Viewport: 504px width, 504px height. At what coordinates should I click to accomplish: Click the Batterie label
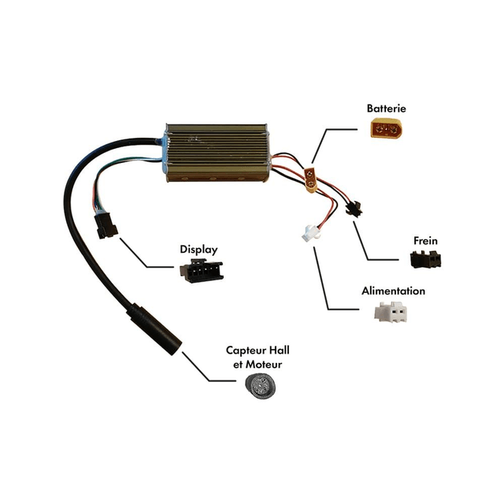click(386, 108)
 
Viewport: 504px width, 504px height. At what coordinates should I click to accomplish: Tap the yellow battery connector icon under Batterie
click(387, 128)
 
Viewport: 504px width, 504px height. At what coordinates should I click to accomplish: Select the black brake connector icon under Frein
click(424, 259)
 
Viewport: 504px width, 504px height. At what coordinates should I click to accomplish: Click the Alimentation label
click(393, 291)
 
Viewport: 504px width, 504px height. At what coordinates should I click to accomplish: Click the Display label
click(198, 249)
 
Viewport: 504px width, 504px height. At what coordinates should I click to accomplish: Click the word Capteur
click(245, 350)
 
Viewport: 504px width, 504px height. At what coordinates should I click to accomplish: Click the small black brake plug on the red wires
click(352, 209)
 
